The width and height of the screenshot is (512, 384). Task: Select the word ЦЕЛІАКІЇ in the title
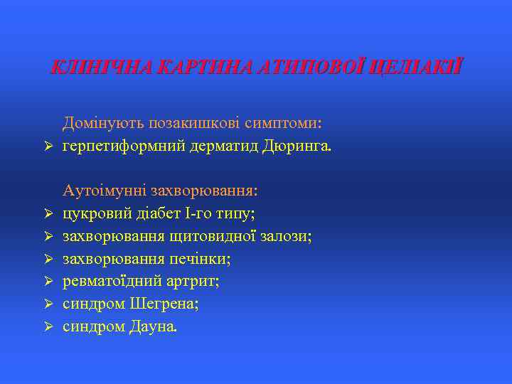pos(418,68)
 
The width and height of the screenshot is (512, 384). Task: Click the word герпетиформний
pos(124,146)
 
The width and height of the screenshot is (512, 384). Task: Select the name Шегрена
pos(164,304)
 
